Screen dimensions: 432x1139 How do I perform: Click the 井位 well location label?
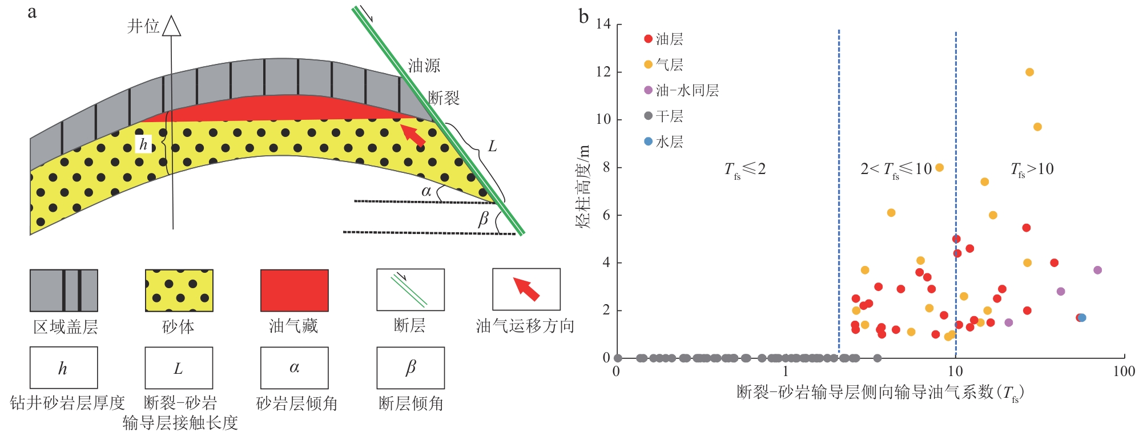(143, 26)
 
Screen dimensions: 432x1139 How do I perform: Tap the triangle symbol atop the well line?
(171, 27)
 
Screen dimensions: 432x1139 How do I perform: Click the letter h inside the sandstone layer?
(143, 144)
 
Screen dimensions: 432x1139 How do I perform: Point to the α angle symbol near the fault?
(426, 191)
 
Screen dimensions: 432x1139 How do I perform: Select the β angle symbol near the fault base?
(484, 219)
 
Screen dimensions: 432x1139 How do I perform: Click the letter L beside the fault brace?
(492, 147)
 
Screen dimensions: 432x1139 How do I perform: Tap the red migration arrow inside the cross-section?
(413, 135)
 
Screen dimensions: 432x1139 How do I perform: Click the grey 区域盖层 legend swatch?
(64, 290)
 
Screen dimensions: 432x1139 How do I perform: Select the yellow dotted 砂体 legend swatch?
(179, 290)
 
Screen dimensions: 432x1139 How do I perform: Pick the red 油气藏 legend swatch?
(295, 290)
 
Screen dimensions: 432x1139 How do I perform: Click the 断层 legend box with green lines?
(410, 290)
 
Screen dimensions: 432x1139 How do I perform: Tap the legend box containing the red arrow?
(526, 289)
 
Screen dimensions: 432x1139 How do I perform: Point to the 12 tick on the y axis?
(603, 72)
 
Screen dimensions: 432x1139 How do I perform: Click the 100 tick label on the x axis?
(1123, 372)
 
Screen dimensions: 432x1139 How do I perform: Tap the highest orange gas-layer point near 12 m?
(1029, 72)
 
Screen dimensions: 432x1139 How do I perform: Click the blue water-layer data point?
(1082, 318)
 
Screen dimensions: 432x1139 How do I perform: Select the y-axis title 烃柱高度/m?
(583, 187)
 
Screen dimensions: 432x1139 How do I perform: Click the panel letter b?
(583, 16)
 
